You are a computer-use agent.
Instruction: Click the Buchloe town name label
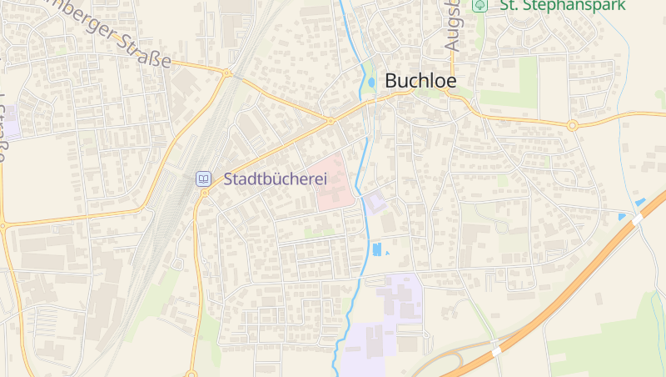point(420,81)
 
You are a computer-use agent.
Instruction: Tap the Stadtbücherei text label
point(276,178)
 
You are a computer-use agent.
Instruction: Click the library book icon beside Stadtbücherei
point(203,178)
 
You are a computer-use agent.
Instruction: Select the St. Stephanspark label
point(561,5)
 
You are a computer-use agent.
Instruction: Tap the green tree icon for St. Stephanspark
point(480,5)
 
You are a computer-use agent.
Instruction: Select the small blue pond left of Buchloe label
point(371,82)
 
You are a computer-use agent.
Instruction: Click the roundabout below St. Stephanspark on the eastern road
point(573,126)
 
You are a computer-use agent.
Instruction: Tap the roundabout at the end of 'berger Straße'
point(226,73)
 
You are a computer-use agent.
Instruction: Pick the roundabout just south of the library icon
point(205,194)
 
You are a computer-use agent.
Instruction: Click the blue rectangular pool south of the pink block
point(375,249)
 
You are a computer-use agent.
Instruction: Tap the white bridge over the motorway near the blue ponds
point(638,219)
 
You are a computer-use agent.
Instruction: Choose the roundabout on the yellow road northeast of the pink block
point(331,121)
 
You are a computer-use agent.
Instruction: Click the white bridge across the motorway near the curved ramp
point(497,351)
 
